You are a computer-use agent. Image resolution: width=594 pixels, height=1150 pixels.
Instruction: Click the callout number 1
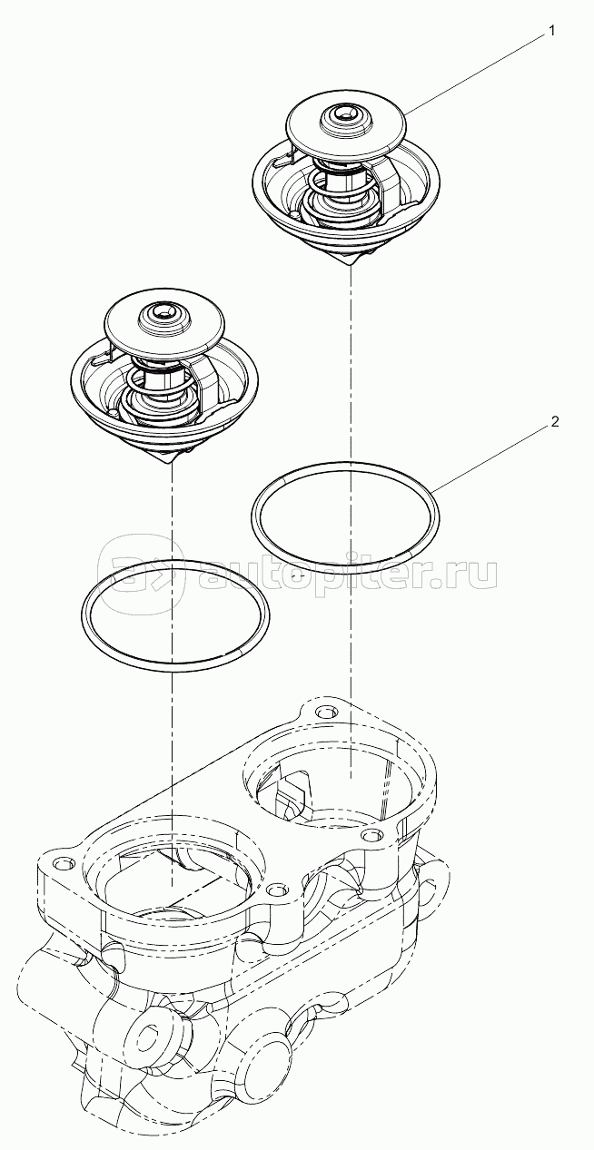(552, 32)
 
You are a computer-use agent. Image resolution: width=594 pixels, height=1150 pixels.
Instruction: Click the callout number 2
(554, 423)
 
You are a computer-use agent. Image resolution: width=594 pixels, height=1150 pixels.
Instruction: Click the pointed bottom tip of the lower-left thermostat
(170, 464)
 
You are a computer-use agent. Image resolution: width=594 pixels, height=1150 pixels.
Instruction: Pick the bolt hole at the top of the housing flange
(323, 713)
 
